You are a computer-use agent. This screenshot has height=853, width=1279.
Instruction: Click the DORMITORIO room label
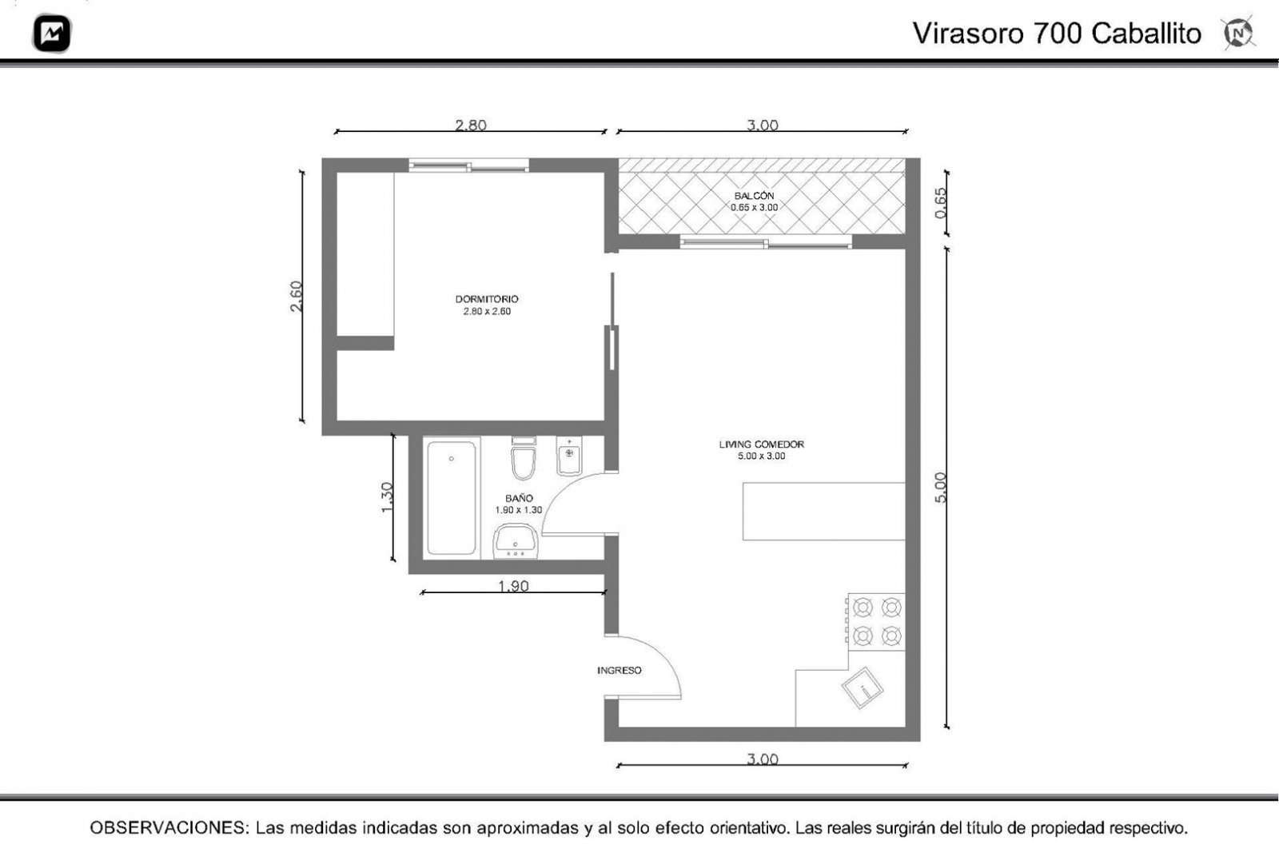pyautogui.click(x=487, y=299)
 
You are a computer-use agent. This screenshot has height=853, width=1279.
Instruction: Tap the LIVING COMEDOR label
pyautogui.click(x=761, y=444)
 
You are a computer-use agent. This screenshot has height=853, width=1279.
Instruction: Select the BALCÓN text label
pyautogui.click(x=754, y=196)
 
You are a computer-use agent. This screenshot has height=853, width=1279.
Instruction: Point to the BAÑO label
pyautogui.click(x=519, y=498)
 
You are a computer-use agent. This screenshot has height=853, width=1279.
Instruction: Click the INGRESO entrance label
pyautogui.click(x=619, y=670)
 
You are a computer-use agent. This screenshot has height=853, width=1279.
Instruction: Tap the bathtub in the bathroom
pyautogui.click(x=451, y=497)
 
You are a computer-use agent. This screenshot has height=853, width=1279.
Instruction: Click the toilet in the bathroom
pyautogui.click(x=524, y=458)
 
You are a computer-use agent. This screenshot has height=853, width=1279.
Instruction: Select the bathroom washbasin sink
pyautogui.click(x=515, y=540)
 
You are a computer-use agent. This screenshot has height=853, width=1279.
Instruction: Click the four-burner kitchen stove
pyautogui.click(x=876, y=622)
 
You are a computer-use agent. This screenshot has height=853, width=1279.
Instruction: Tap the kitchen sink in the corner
pyautogui.click(x=863, y=688)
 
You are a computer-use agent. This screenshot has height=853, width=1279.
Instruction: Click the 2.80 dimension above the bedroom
pyautogui.click(x=471, y=125)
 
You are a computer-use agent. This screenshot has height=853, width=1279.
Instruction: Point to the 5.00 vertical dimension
pyautogui.click(x=940, y=488)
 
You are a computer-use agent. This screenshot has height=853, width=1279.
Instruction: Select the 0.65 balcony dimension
pyautogui.click(x=940, y=203)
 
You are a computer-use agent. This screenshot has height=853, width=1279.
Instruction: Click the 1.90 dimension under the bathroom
pyautogui.click(x=513, y=586)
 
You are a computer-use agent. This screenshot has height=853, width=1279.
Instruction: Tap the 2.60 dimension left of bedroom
pyautogui.click(x=296, y=297)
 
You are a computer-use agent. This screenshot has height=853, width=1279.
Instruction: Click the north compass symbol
pyautogui.click(x=1238, y=33)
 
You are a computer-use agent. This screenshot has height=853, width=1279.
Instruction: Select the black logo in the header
pyautogui.click(x=52, y=33)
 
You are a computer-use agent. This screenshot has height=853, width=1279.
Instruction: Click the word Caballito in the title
pyautogui.click(x=1146, y=33)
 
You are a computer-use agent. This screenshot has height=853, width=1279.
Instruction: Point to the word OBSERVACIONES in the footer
pyautogui.click(x=169, y=828)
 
